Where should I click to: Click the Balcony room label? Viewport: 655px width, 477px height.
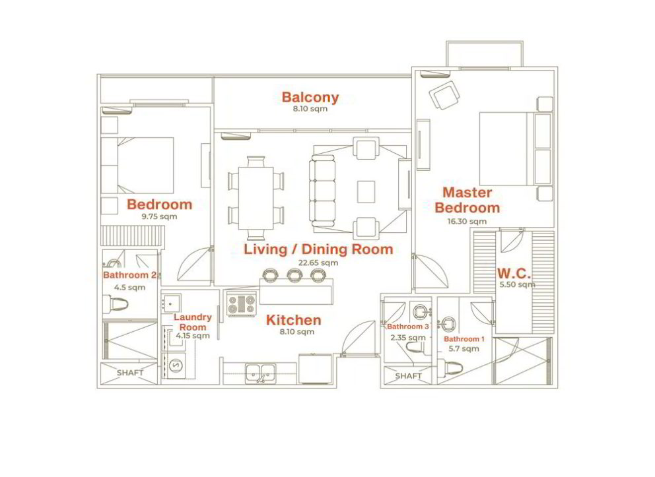click(x=310, y=97)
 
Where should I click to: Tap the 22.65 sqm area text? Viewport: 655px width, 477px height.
click(x=318, y=263)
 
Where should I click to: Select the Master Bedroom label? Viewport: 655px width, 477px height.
click(x=467, y=200)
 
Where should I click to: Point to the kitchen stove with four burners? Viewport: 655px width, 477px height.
click(x=242, y=303)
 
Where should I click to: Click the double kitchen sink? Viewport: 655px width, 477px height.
click(x=260, y=373)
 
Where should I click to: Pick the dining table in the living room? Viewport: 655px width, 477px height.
click(x=256, y=198)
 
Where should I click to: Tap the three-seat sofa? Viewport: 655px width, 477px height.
click(x=322, y=193)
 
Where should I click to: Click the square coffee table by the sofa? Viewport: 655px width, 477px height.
click(x=366, y=192)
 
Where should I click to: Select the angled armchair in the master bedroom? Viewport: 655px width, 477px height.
click(x=444, y=95)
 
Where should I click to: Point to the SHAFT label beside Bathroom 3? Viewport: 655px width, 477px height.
click(x=408, y=376)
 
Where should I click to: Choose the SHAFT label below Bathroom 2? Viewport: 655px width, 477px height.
click(x=130, y=373)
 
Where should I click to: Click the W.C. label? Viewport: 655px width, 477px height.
click(x=514, y=274)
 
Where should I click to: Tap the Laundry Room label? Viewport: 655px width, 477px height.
click(x=193, y=322)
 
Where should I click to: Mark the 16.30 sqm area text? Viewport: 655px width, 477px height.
click(x=467, y=221)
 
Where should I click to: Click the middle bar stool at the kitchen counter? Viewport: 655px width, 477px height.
click(x=294, y=275)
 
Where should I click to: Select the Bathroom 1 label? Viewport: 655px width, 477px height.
click(x=464, y=339)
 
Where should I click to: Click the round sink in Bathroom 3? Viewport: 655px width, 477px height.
click(x=420, y=311)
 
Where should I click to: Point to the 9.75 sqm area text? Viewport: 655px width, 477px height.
click(x=159, y=216)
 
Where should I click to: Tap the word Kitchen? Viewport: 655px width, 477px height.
click(x=294, y=320)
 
